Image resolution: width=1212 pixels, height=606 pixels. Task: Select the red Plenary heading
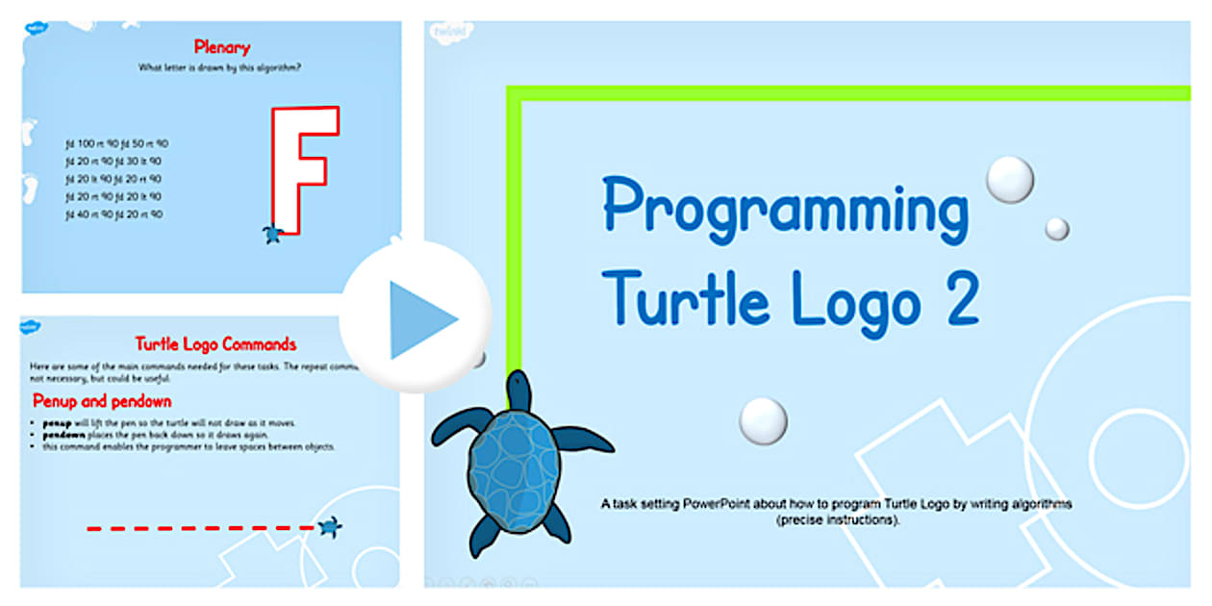tap(221, 46)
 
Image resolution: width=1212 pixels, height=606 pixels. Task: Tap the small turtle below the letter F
tap(273, 233)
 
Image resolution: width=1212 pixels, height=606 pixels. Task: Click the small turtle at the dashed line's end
tap(331, 526)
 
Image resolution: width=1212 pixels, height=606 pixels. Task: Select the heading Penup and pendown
tap(102, 401)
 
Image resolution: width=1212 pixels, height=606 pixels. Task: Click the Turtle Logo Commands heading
tap(215, 344)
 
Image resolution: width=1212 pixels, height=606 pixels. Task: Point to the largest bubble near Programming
tap(1010, 179)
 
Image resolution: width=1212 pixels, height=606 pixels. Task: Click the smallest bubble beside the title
tap(1057, 228)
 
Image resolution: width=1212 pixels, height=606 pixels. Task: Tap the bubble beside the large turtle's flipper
tap(764, 420)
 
